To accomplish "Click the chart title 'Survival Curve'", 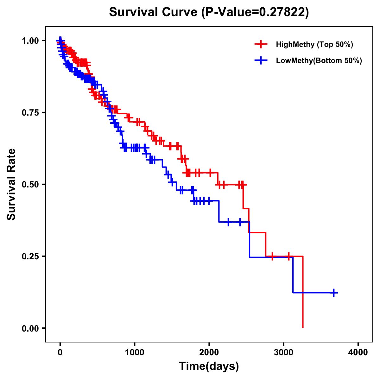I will (154, 12).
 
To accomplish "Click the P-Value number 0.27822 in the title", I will (282, 12).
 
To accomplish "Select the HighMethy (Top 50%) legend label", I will (314, 44).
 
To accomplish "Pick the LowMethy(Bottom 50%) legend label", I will (319, 61).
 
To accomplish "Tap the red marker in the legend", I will (261, 44).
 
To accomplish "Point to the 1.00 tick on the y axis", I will (30, 41).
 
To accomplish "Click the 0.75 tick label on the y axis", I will (30, 112).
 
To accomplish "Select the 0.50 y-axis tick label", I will (30, 184).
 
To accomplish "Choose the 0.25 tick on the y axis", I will (30, 256).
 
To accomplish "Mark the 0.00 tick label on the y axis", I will (30, 328).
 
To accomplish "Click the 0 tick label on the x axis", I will (60, 352).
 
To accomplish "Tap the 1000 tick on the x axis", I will (135, 352).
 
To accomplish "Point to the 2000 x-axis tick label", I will (209, 352).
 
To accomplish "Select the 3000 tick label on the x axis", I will (283, 352).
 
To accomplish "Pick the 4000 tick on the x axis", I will (358, 352).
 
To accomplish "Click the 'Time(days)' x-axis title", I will (209, 366).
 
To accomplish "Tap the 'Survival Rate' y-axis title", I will (11, 184).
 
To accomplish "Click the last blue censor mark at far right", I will (334, 293).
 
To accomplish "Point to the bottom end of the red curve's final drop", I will (303, 327).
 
